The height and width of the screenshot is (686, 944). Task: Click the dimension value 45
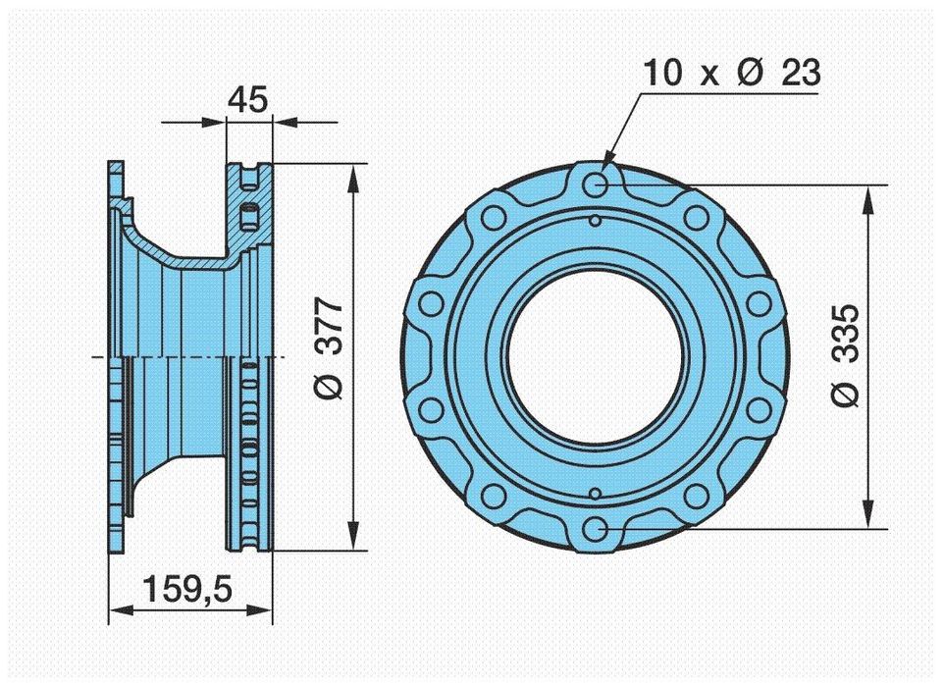[248, 98]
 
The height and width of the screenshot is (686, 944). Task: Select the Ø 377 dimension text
[331, 348]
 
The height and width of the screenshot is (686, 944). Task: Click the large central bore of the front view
[595, 356]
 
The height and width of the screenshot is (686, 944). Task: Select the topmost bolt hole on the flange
[595, 185]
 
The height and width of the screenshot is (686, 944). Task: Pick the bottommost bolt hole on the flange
[595, 529]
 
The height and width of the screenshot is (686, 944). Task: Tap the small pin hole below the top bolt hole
[595, 222]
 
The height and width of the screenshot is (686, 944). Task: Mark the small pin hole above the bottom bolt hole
[595, 492]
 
